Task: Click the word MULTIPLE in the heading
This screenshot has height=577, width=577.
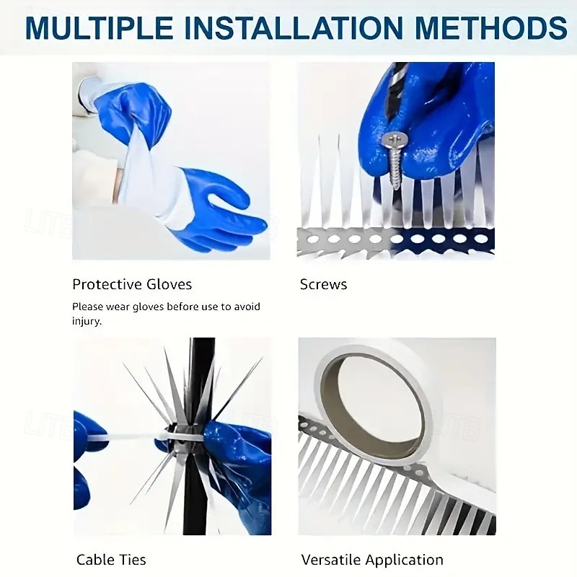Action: [100, 28]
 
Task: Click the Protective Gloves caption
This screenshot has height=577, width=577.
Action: [132, 284]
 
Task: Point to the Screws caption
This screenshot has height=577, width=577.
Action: [323, 284]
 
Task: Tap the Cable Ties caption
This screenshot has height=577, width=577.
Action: [111, 560]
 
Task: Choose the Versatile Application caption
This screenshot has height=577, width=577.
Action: [372, 560]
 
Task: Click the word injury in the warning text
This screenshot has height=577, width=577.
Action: [86, 321]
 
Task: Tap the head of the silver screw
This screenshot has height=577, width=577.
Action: [393, 140]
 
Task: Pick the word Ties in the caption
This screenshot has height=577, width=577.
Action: [132, 560]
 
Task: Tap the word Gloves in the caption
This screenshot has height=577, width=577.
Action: [169, 284]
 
